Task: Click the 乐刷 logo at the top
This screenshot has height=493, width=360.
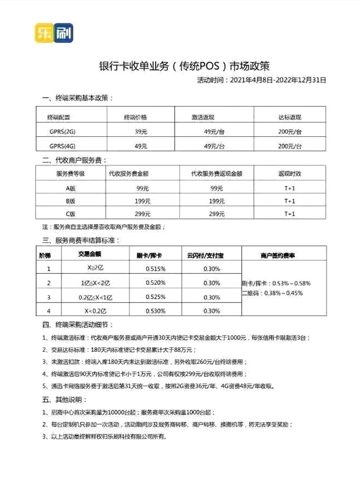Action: [53, 33]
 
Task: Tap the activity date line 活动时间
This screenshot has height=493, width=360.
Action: [261, 80]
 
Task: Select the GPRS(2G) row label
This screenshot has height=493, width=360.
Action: [62, 132]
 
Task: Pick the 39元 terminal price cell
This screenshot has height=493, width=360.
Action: [141, 132]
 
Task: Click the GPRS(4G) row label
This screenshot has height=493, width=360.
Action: [62, 146]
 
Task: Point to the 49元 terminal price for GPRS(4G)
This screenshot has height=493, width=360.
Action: [141, 146]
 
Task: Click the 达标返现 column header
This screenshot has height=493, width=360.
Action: [290, 118]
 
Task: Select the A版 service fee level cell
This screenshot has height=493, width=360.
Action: [71, 188]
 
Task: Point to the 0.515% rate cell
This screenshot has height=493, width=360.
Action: [156, 269]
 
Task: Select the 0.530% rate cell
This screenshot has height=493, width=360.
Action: [156, 311]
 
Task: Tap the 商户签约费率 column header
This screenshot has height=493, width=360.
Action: [278, 256]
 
